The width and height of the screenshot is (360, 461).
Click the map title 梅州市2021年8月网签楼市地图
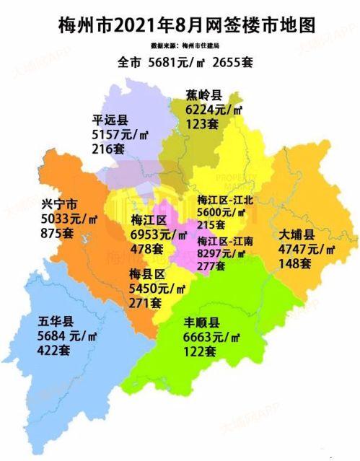[x=186, y=25]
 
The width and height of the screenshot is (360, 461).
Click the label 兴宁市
[x=58, y=205]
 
